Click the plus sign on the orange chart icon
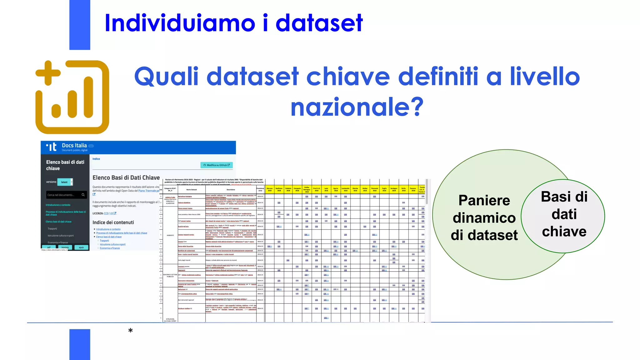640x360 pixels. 48,73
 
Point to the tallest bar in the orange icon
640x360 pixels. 88,97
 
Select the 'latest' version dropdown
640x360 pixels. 65,182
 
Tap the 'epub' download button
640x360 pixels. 81,247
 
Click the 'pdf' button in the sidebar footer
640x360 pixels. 49,247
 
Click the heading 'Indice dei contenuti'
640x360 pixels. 113,222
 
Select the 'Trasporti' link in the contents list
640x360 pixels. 104,241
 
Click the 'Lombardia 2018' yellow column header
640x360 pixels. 345,189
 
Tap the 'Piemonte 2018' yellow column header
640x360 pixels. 374,189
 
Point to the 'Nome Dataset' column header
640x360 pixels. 192,190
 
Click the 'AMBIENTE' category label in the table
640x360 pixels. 170,235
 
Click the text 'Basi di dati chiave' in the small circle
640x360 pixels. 564,214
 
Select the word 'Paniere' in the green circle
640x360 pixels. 484,200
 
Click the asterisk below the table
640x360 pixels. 131,331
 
